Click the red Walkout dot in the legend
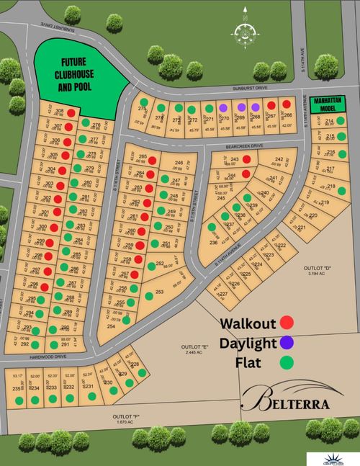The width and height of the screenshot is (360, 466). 287,323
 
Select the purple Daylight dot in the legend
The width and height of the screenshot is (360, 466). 287,343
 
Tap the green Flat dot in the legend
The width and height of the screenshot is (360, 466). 287,364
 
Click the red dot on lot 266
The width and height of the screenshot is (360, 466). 287,104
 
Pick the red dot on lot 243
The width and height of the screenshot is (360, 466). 246,159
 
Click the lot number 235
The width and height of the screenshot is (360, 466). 16,388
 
